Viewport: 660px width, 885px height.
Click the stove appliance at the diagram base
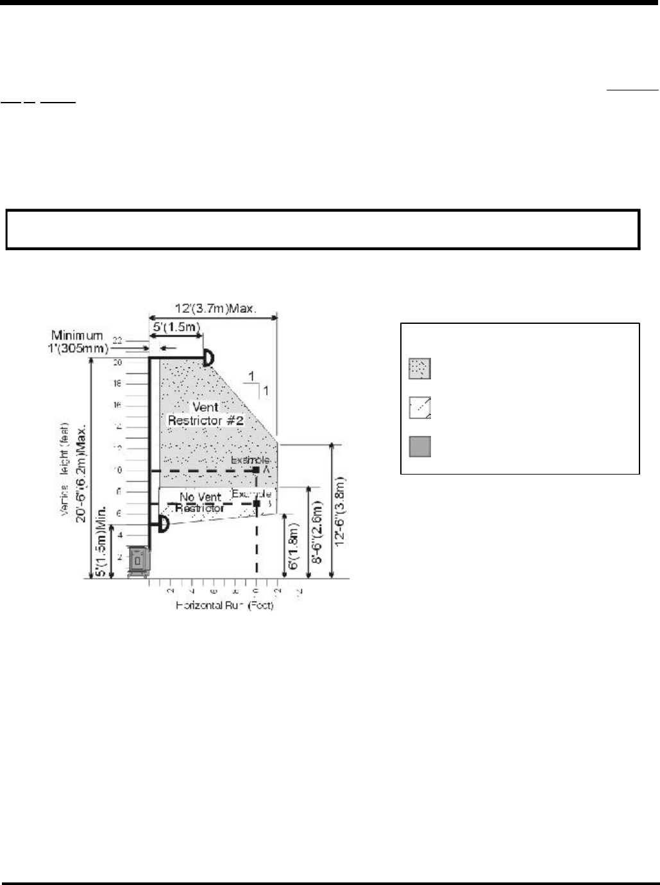pos(138,561)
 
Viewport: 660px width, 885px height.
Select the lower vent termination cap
pos(163,525)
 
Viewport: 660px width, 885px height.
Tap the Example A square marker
pos(256,470)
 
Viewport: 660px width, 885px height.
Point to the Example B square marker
pos(256,504)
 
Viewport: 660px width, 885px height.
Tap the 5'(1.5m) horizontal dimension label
pos(175,327)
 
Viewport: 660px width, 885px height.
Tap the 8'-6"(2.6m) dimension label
pos(316,531)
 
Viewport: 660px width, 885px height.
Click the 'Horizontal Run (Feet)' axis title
pos(225,605)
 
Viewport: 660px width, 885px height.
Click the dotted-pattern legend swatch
pos(420,369)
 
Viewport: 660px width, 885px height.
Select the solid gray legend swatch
pos(420,446)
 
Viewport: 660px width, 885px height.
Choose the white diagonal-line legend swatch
pos(420,408)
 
